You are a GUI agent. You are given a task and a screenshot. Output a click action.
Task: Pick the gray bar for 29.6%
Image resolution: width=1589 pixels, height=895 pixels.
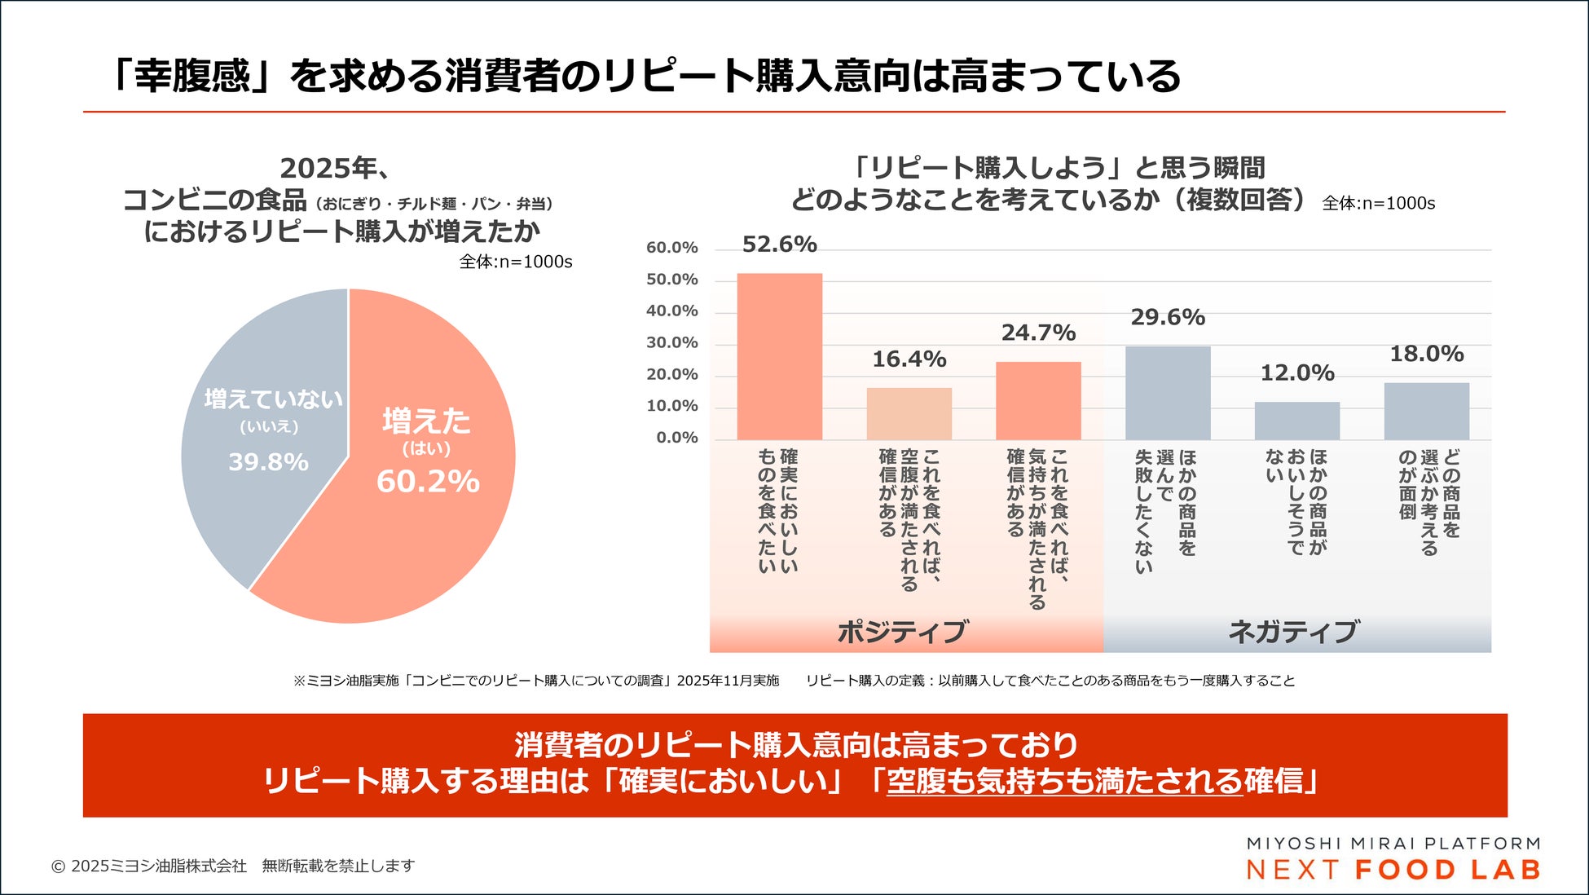pyautogui.click(x=1167, y=393)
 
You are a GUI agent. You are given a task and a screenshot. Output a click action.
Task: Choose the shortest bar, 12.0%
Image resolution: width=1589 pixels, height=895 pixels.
pyautogui.click(x=1296, y=421)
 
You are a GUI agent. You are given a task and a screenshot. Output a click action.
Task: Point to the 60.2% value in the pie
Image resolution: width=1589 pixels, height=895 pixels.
pyautogui.click(x=428, y=482)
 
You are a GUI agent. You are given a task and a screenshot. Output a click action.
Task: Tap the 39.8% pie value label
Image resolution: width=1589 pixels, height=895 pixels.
pyautogui.click(x=268, y=462)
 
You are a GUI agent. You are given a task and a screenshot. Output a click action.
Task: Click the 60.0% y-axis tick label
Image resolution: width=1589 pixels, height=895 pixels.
pyautogui.click(x=671, y=248)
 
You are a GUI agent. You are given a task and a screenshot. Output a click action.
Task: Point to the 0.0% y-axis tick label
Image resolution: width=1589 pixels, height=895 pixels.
pyautogui.click(x=676, y=438)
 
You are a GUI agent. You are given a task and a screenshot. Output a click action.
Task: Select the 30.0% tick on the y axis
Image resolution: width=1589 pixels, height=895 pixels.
pyautogui.click(x=671, y=343)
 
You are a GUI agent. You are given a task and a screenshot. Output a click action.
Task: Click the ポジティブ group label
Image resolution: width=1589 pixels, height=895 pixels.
pyautogui.click(x=903, y=632)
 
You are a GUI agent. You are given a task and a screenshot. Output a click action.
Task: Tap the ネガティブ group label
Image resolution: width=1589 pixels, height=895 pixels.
pyautogui.click(x=1293, y=632)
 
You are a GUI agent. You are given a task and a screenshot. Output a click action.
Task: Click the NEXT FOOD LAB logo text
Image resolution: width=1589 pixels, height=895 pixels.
pyautogui.click(x=1393, y=870)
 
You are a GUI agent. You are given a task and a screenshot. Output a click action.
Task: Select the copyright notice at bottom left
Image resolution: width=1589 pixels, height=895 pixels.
pyautogui.click(x=232, y=866)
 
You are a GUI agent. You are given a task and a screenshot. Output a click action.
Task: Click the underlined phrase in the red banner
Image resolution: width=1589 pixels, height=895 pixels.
pyautogui.click(x=1064, y=781)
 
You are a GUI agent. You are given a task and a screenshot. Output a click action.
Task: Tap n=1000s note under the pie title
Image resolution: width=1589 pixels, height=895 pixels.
pyautogui.click(x=515, y=262)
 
